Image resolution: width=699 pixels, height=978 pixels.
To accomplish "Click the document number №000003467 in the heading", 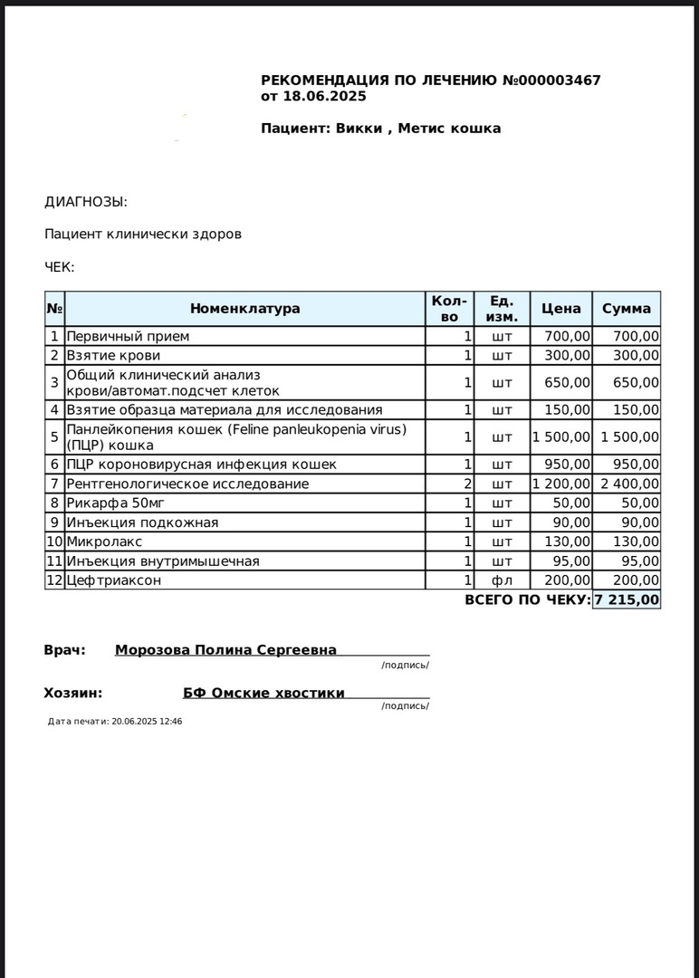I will tap(551, 81).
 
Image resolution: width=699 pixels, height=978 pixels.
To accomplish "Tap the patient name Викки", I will tap(359, 129).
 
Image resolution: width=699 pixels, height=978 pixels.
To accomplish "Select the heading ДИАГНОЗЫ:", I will tap(86, 202).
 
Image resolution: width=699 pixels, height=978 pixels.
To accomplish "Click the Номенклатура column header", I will tap(244, 309).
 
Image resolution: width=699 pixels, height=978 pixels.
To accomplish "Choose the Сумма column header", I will tap(627, 309).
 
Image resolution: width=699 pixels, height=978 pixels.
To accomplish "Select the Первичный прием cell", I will tap(128, 336).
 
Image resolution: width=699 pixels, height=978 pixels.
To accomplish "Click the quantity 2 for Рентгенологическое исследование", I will tap(468, 484).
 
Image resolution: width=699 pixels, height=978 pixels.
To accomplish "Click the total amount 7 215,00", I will tap(627, 599).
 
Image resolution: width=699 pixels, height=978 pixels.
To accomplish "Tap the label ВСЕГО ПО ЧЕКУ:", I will tap(527, 599).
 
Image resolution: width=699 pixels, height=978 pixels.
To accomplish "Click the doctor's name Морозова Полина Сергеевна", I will tap(225, 649).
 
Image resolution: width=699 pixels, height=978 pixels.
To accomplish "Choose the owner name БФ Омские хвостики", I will tap(263, 693).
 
